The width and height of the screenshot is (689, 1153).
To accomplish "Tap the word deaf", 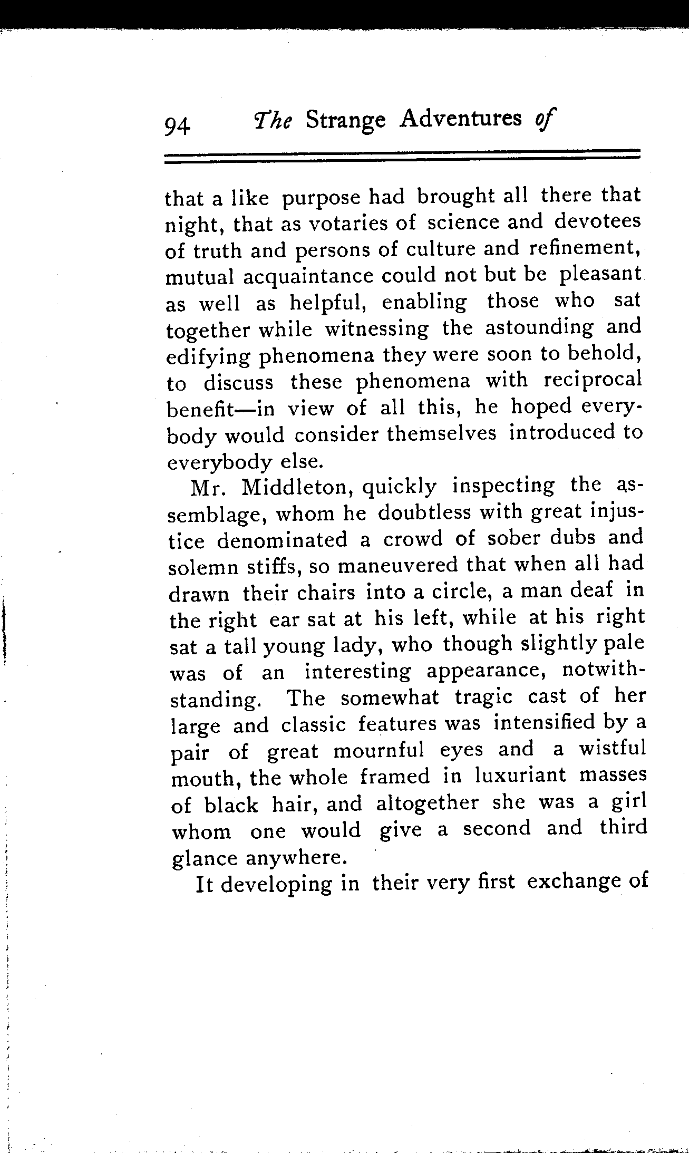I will click(x=591, y=590).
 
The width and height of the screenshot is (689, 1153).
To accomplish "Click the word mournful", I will click(x=379, y=750).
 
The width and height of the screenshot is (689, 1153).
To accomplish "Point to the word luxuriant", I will click(x=520, y=775).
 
